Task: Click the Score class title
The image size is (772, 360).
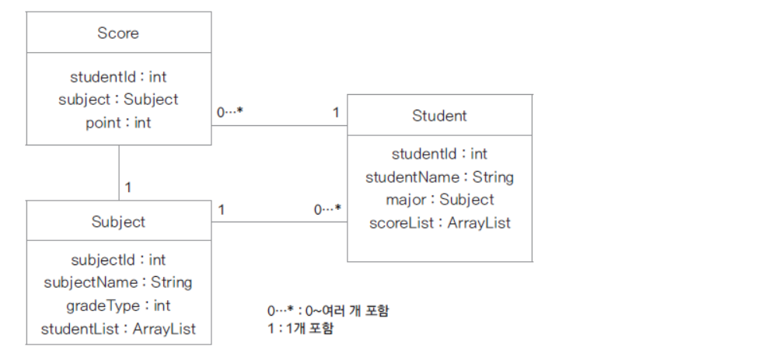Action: pyautogui.click(x=118, y=33)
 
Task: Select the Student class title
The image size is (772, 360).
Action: pyautogui.click(x=439, y=116)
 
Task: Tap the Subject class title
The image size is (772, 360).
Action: pyautogui.click(x=118, y=222)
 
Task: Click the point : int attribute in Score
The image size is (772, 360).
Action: pyautogui.click(x=118, y=122)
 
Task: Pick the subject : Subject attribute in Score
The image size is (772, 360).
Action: pyautogui.click(x=118, y=100)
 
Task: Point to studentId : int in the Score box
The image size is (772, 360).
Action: pyautogui.click(x=118, y=77)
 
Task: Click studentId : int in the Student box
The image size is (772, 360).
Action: pyautogui.click(x=439, y=154)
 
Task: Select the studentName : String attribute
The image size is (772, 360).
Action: pyautogui.click(x=439, y=177)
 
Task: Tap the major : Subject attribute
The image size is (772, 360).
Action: pyautogui.click(x=439, y=199)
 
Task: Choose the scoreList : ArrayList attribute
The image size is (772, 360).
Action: pyautogui.click(x=439, y=222)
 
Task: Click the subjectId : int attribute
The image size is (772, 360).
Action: pyautogui.click(x=118, y=260)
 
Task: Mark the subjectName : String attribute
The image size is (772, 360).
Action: pyautogui.click(x=118, y=282)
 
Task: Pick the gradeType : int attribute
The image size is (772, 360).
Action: pyautogui.click(x=118, y=306)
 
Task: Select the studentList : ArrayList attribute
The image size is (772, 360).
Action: pyautogui.click(x=118, y=329)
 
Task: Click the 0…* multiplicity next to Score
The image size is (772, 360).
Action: pyautogui.click(x=230, y=113)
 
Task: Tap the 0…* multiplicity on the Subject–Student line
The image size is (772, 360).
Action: pyautogui.click(x=327, y=210)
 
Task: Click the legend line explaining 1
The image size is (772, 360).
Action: pyautogui.click(x=300, y=329)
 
